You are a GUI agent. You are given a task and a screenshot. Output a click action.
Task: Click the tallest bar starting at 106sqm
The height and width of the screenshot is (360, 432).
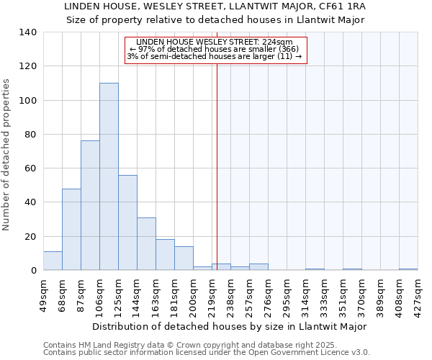(109, 176)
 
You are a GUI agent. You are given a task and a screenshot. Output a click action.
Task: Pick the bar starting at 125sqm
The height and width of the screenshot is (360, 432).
(127, 222)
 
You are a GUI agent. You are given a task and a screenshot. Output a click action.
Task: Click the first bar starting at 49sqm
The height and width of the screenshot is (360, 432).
(53, 261)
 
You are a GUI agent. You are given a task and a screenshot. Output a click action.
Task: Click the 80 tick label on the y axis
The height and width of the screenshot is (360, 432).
(30, 135)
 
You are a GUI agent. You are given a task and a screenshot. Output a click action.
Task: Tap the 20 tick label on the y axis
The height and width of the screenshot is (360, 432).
(30, 237)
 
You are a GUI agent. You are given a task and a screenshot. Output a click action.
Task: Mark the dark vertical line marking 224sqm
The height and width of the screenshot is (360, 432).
(217, 166)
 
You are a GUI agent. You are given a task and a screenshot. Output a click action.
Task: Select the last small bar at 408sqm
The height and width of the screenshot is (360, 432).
(408, 269)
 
